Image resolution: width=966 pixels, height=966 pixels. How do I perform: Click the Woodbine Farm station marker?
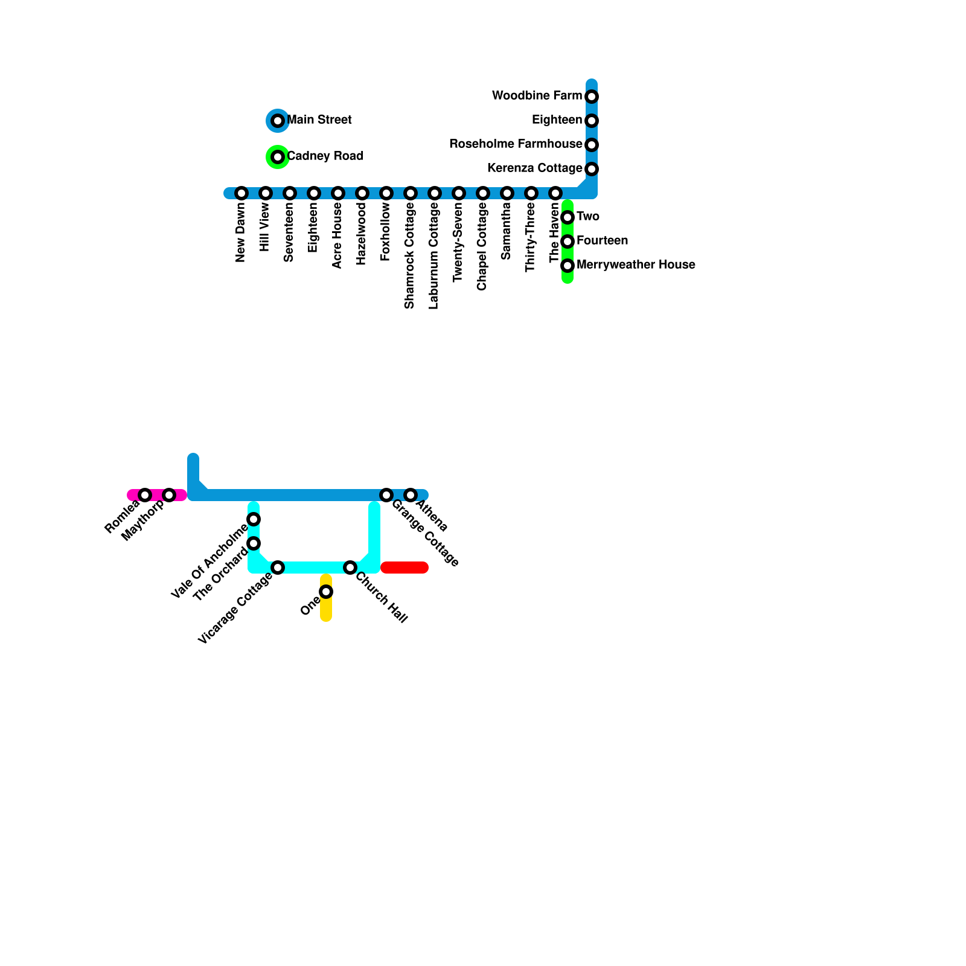point(592,97)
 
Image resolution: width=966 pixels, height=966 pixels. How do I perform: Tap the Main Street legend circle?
point(278,121)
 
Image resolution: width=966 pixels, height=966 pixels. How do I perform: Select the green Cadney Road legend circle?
point(278,157)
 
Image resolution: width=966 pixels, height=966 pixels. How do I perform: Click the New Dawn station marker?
point(241,193)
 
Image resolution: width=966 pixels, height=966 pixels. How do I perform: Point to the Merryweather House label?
point(636,265)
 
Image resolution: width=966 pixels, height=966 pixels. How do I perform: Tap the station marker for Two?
point(568,217)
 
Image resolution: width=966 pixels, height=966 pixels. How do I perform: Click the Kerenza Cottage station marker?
point(592,169)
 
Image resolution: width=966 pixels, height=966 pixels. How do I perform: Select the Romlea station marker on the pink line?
point(145,495)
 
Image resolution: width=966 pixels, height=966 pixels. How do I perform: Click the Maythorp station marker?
point(169,495)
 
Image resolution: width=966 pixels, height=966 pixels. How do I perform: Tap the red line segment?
point(405,568)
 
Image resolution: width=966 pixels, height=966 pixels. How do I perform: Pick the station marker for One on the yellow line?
point(326,592)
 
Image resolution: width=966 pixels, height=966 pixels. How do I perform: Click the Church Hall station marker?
point(350,568)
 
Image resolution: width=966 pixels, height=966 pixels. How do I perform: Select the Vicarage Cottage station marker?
point(278,568)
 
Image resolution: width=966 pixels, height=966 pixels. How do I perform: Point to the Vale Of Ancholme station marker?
point(254,519)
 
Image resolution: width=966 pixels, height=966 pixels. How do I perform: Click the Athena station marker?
point(411,495)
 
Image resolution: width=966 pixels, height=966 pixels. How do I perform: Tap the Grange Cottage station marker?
point(386,495)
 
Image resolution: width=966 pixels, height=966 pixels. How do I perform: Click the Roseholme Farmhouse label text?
point(516,144)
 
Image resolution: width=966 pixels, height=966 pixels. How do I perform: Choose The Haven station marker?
point(555,193)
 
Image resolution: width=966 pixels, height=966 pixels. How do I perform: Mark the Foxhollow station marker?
point(386,193)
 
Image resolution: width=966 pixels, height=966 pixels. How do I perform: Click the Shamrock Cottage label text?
point(410,256)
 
